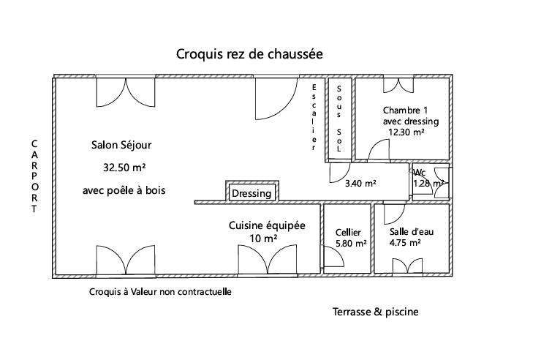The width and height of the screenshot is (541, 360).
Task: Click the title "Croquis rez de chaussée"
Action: click(x=249, y=54)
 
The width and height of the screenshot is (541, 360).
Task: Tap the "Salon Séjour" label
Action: click(x=121, y=144)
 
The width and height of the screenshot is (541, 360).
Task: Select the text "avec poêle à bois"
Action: click(x=124, y=190)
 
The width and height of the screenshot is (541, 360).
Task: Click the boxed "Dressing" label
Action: click(x=251, y=194)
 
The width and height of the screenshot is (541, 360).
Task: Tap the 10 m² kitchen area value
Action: click(x=263, y=239)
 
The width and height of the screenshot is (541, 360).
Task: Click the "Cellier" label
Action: click(x=347, y=233)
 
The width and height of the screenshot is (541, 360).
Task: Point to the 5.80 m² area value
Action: click(x=351, y=244)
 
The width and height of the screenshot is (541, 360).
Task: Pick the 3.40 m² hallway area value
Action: click(x=360, y=184)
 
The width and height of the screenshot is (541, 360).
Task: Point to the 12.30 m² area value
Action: click(x=406, y=132)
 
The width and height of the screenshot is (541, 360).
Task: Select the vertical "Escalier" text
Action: click(x=313, y=117)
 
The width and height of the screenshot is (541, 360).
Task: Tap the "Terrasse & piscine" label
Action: click(x=375, y=312)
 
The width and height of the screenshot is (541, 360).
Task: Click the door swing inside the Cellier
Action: click(x=331, y=258)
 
